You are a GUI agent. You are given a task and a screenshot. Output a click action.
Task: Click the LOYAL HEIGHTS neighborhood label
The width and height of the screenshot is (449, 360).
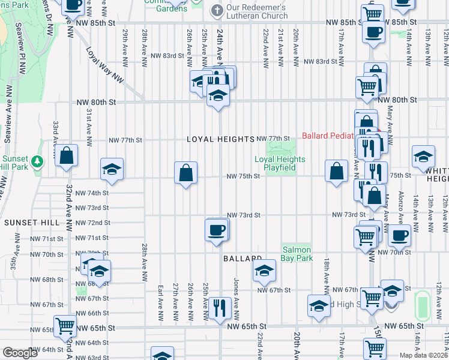pos(220,139)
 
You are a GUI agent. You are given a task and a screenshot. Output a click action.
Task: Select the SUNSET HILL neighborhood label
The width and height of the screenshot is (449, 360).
pos(32,223)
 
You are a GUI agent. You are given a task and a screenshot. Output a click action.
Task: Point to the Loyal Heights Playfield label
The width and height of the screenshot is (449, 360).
pos(280,163)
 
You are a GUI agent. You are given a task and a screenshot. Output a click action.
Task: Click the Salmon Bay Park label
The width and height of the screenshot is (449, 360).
pos(297,254)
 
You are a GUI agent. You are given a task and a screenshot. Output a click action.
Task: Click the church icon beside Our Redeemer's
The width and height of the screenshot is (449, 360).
pos(217,10)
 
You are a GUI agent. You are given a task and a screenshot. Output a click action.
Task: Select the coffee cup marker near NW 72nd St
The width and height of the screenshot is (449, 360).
pos(217,230)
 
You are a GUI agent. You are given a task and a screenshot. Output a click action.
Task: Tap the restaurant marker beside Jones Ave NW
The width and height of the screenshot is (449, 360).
pos(220,308)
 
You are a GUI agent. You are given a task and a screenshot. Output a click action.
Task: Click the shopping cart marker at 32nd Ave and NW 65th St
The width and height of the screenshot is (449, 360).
pos(65,326)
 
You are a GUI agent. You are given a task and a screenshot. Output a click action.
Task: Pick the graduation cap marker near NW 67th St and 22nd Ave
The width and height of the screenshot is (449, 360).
pos(264,271)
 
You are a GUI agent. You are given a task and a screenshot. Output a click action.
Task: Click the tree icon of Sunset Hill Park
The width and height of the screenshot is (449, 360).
pos(37,161)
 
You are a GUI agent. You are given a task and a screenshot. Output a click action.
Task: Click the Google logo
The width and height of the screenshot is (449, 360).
pos(20,353)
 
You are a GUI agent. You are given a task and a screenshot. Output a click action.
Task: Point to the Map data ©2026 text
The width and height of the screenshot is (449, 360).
pos(423,355)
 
